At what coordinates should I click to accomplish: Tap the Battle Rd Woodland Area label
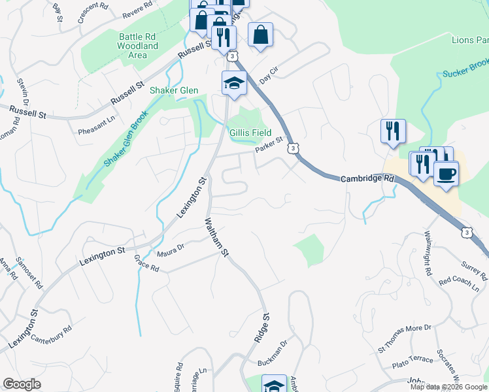pyautogui.click(x=137, y=46)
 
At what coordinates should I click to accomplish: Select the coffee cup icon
pyautogui.click(x=447, y=174)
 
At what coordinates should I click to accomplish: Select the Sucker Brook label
pyautogui.click(x=465, y=69)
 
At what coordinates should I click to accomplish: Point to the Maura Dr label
pyautogui.click(x=171, y=249)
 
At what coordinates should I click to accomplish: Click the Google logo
pyautogui.click(x=22, y=384)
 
